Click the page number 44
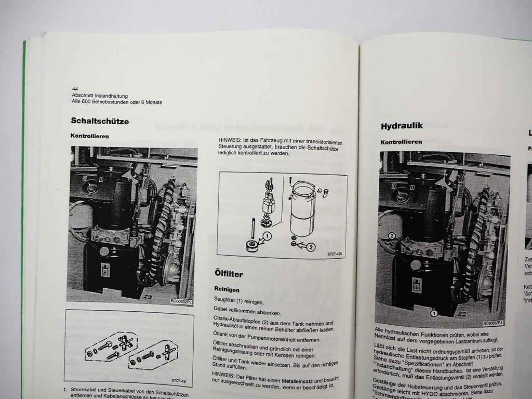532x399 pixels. (x=75, y=89)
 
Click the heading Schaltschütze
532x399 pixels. (x=100, y=121)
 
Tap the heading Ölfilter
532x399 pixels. (x=228, y=274)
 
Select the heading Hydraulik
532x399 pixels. (x=401, y=126)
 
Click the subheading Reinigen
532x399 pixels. (x=227, y=290)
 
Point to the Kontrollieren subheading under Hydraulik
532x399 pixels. (x=401, y=142)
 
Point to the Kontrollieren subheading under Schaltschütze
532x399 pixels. (x=89, y=136)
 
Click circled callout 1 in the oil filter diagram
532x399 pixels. (x=267, y=236)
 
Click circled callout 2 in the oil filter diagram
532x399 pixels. (x=310, y=247)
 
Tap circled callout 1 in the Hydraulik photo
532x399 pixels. (x=433, y=313)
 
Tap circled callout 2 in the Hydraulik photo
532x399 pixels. (x=391, y=236)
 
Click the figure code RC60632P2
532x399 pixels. (x=181, y=301)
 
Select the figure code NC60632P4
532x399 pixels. (x=493, y=323)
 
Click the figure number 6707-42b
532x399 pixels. (x=336, y=254)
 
